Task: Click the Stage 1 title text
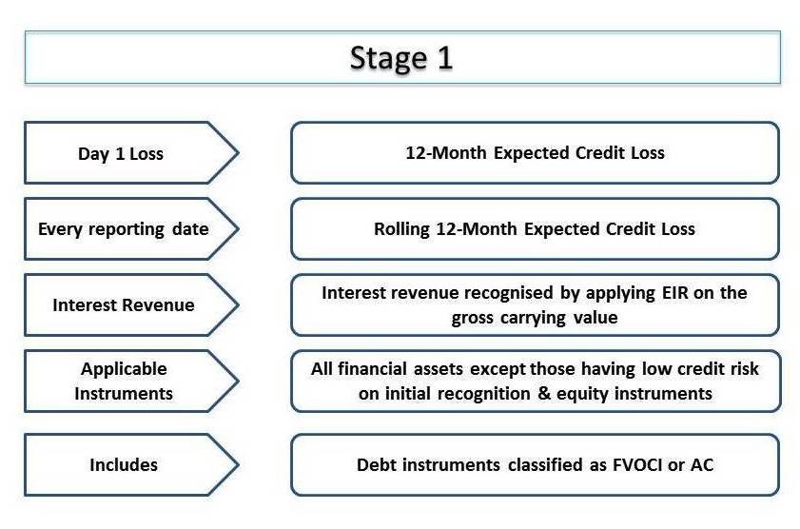coord(401,58)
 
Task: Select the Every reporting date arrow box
coord(131,228)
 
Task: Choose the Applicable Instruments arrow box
coord(131,381)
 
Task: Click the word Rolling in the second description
coord(401,229)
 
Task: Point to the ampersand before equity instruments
coord(544,393)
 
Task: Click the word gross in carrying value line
coord(472,318)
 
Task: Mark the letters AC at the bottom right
coord(702,464)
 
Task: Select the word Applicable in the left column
coord(124,369)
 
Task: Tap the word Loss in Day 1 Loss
coord(146,153)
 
